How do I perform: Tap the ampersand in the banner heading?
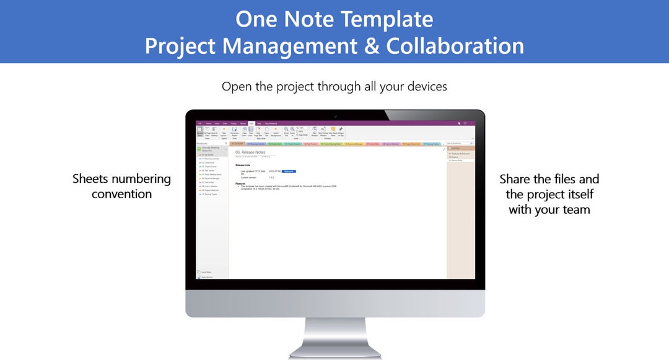click(x=370, y=46)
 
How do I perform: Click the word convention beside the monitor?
click(x=121, y=194)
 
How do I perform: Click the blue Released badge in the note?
click(x=289, y=170)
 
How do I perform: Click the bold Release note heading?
click(x=243, y=165)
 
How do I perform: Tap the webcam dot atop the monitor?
click(x=335, y=115)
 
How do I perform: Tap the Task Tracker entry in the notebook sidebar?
click(x=209, y=170)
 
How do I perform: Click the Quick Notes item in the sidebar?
click(x=206, y=272)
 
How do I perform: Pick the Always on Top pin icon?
click(x=341, y=130)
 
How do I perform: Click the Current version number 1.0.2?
click(x=271, y=178)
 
